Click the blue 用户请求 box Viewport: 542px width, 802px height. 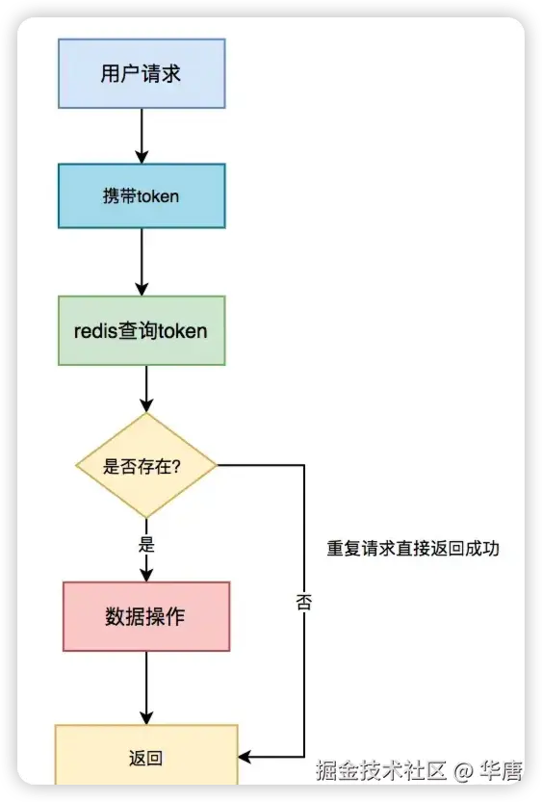tap(142, 73)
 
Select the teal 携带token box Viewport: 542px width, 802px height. tap(142, 195)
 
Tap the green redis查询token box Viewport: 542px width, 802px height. tap(142, 330)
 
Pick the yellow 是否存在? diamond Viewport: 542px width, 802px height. tap(146, 466)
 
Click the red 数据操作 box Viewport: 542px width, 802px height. tap(146, 616)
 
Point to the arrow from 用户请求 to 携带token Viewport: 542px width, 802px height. tap(142, 135)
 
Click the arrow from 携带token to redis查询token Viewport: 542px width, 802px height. tap(142, 261)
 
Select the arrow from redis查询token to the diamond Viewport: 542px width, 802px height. tap(146, 389)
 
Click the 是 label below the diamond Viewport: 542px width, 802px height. tap(146, 544)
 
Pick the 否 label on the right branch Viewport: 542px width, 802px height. tap(304, 604)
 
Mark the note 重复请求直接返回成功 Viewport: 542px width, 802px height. tap(413, 549)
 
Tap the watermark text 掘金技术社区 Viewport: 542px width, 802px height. tap(382, 770)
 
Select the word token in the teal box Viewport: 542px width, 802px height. tap(158, 196)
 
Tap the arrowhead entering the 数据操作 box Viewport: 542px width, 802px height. tap(146, 575)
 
